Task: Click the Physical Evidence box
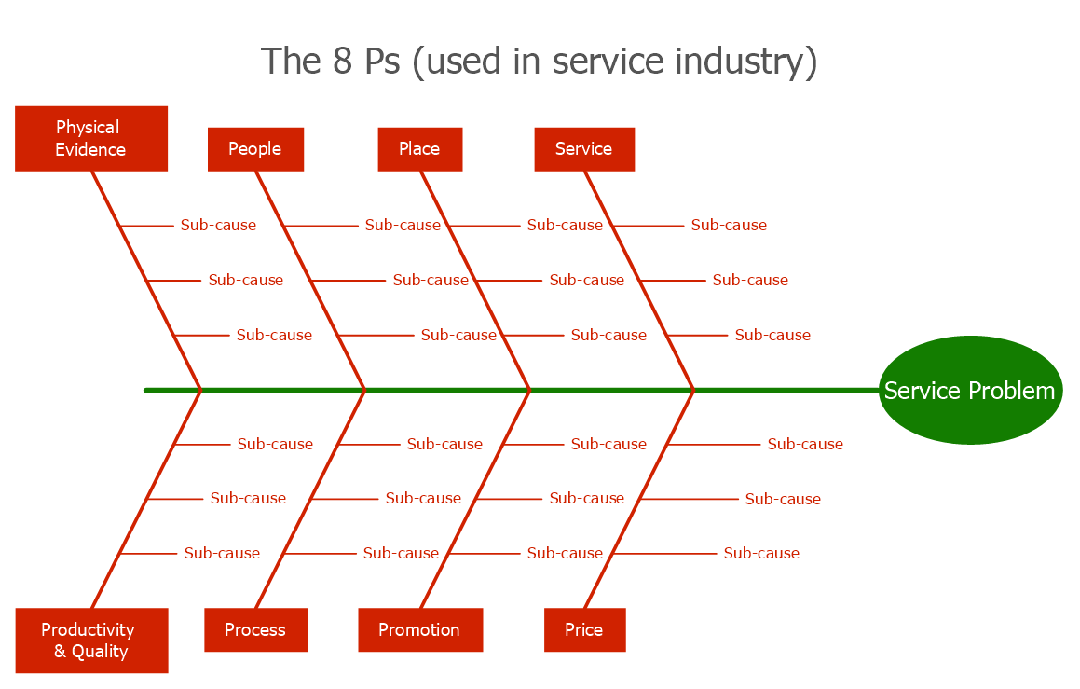pyautogui.click(x=90, y=138)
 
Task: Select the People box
pyautogui.click(x=254, y=149)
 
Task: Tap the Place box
pyautogui.click(x=419, y=149)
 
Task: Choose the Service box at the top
pyautogui.click(x=583, y=149)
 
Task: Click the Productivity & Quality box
pyautogui.click(x=90, y=641)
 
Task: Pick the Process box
pyautogui.click(x=255, y=630)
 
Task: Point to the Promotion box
pyautogui.click(x=419, y=630)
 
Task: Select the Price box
pyautogui.click(x=583, y=630)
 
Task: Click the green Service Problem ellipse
pyautogui.click(x=969, y=391)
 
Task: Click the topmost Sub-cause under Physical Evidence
pyautogui.click(x=218, y=225)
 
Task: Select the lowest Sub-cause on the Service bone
pyautogui.click(x=772, y=335)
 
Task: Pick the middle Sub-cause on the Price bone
pyautogui.click(x=783, y=499)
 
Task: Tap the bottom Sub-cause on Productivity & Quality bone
pyautogui.click(x=222, y=553)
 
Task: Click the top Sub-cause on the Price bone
pyautogui.click(x=805, y=444)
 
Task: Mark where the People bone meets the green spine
pyautogui.click(x=364, y=390)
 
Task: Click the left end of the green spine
pyautogui.click(x=147, y=390)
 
